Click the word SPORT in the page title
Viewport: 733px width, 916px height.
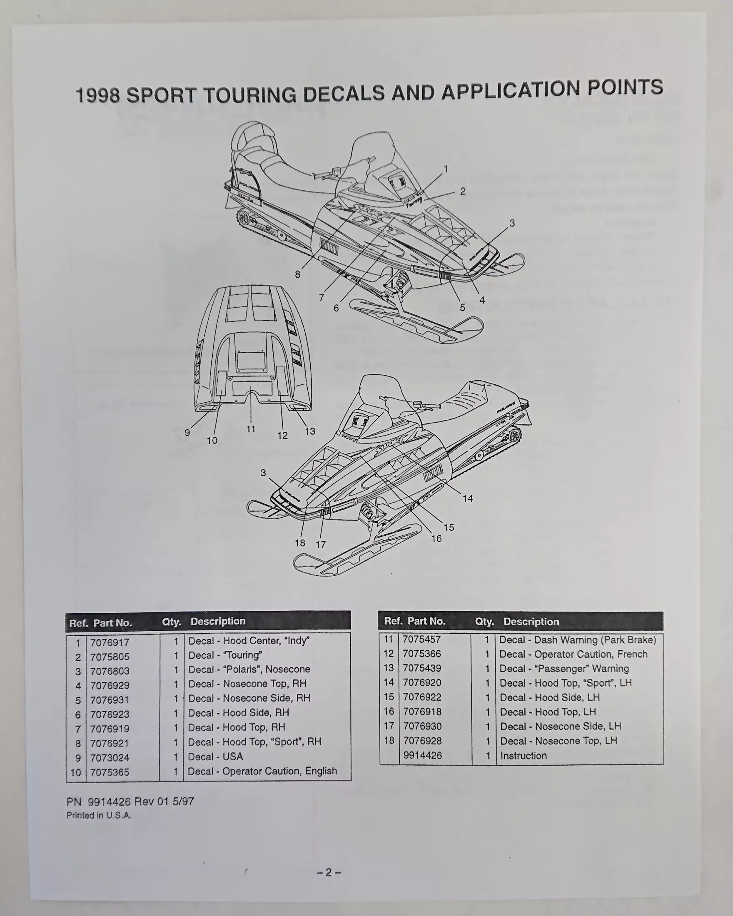click(161, 95)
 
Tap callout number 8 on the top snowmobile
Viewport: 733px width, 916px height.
click(297, 274)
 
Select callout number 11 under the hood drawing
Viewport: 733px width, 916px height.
click(251, 429)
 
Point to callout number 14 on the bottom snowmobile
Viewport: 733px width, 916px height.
click(467, 498)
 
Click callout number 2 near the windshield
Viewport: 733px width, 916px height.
click(463, 192)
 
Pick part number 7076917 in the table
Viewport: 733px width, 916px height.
click(110, 642)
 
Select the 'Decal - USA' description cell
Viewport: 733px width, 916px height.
click(215, 757)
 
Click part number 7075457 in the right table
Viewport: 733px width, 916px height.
click(421, 640)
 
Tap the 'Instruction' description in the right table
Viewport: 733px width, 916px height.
click(524, 756)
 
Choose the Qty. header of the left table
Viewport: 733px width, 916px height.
click(171, 622)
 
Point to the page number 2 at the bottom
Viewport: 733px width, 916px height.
click(329, 872)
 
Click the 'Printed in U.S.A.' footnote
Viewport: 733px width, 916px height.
click(99, 815)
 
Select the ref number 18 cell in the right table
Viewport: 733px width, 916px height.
click(389, 741)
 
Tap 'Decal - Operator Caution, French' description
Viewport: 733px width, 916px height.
click(573, 654)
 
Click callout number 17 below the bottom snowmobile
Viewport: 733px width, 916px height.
click(321, 544)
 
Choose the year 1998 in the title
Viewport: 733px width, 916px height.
click(97, 96)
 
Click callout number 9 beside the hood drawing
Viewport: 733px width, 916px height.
click(187, 433)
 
